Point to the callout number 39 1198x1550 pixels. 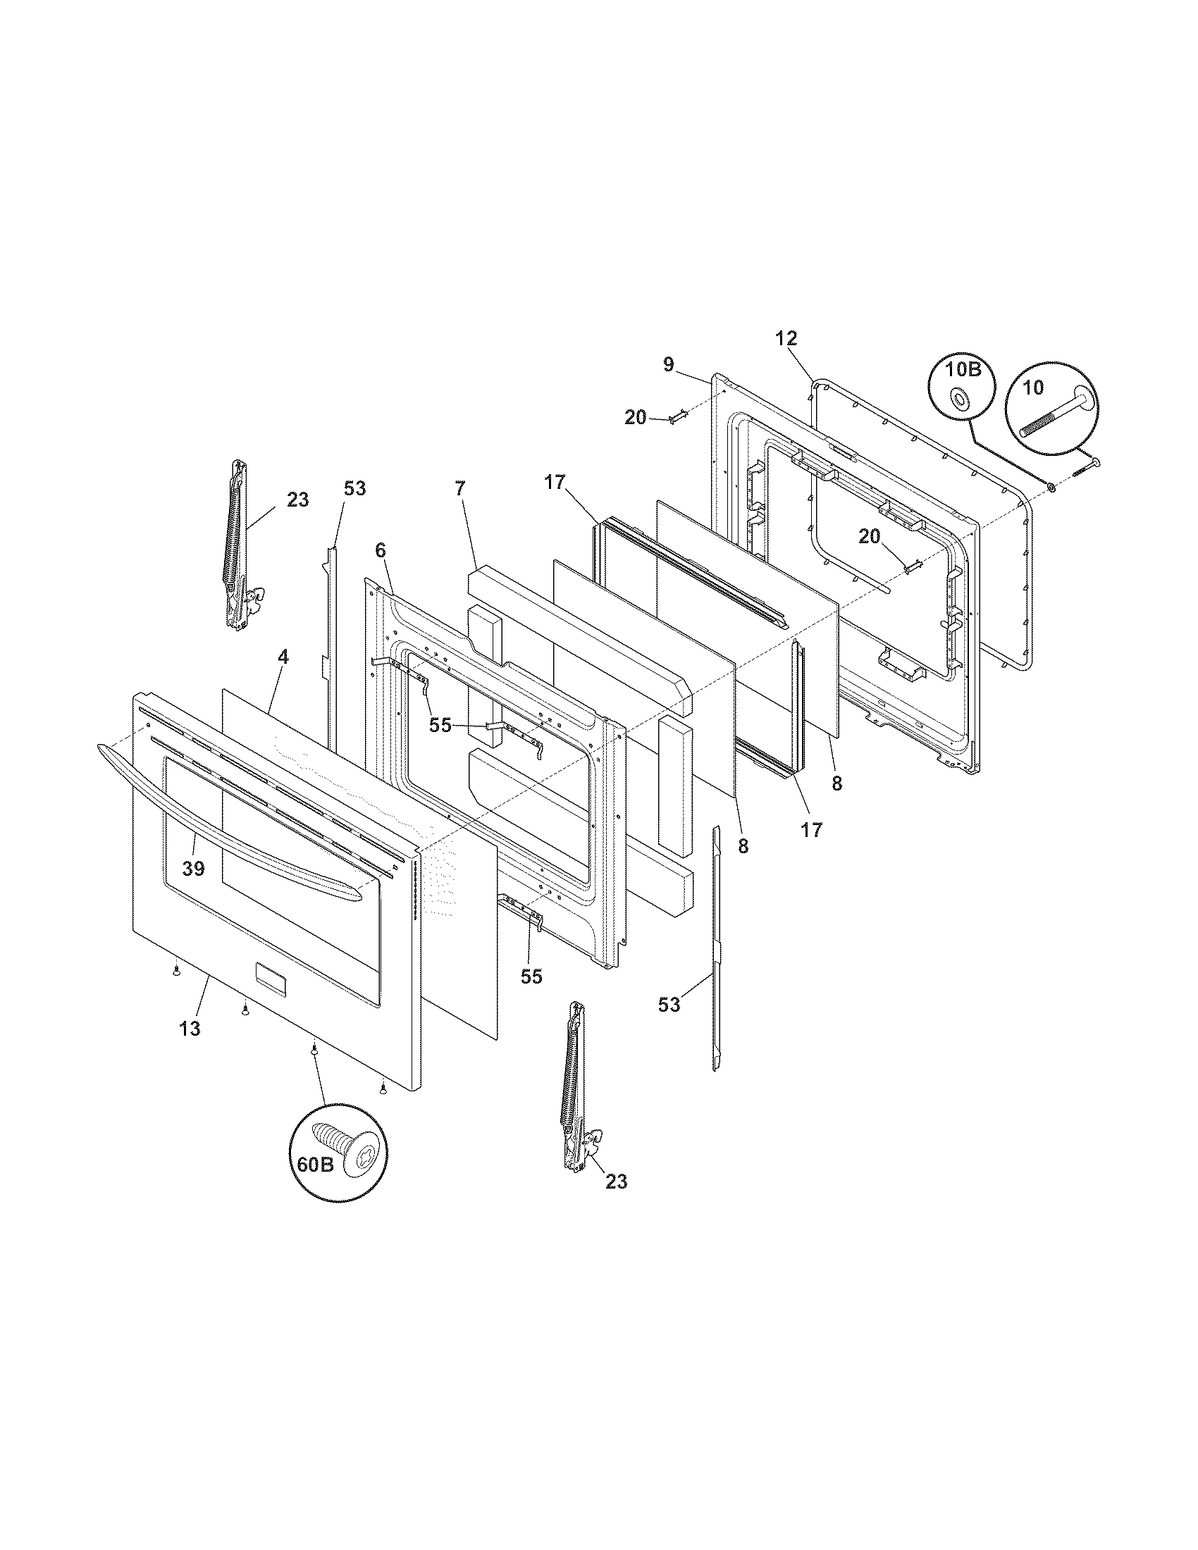coord(193,867)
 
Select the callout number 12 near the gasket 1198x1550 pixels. coord(786,337)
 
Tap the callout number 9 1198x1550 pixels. coord(669,364)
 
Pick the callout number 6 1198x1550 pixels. coord(380,550)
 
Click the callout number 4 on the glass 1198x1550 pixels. coord(283,657)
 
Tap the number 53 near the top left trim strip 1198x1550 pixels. coord(355,488)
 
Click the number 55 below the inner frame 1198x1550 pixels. coord(531,976)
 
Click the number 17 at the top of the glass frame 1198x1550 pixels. coord(555,483)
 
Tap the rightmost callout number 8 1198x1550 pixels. coord(837,783)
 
